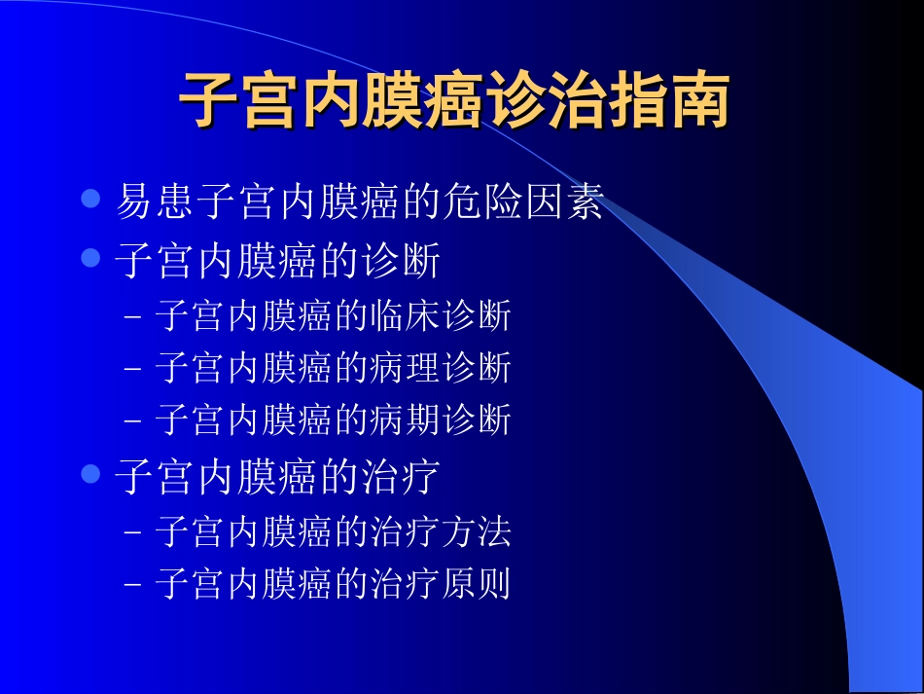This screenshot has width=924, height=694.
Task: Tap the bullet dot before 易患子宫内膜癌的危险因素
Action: [x=91, y=200]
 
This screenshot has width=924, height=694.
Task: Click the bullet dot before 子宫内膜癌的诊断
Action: [x=91, y=258]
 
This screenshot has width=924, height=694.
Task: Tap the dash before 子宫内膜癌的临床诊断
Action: [x=134, y=317]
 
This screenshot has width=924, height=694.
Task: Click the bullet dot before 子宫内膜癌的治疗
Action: [x=91, y=474]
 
